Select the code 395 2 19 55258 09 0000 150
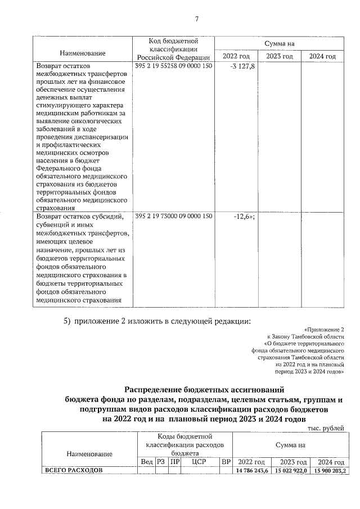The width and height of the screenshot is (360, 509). [174, 66]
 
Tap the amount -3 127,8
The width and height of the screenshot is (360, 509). [242, 66]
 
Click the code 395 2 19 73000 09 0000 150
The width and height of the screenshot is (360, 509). [174, 216]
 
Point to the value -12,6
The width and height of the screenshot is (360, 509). [244, 216]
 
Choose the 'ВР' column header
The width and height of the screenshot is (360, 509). [226, 461]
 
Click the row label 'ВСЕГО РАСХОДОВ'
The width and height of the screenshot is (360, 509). [73, 470]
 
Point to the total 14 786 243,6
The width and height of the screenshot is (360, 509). [252, 470]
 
